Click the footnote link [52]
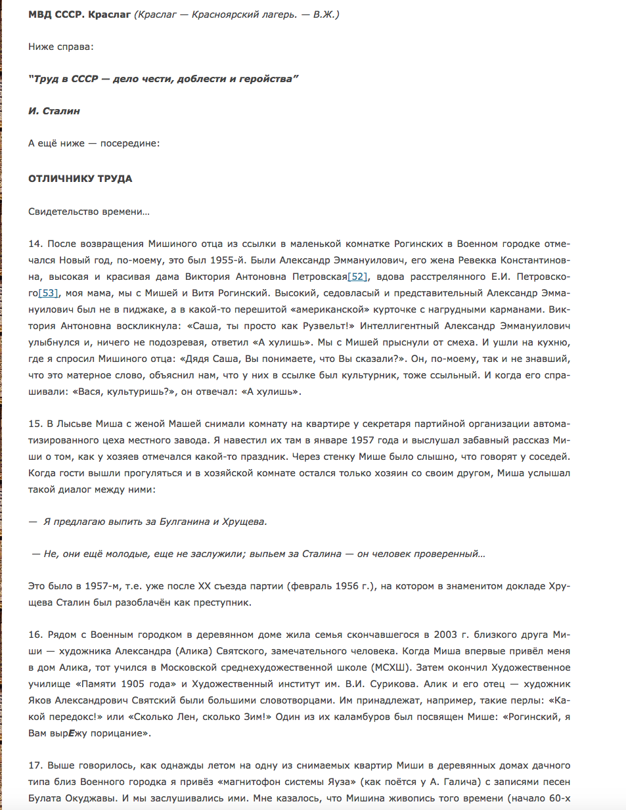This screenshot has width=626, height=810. coord(357,277)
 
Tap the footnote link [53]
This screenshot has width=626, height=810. coord(49,293)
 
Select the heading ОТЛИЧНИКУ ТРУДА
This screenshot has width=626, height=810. coord(80,179)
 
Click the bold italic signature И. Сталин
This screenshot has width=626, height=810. coord(54,111)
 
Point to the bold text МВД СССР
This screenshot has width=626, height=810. coord(56,14)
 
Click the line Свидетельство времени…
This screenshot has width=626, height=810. coord(89,212)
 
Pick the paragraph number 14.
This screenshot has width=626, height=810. coord(35,244)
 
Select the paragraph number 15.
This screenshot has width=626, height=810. coord(35,424)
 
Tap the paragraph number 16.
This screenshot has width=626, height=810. coord(35,635)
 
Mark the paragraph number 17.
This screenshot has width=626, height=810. coord(35,765)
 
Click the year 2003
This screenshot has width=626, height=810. coord(445,635)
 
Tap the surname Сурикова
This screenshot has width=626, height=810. coord(391,684)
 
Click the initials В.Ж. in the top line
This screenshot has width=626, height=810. coord(324,14)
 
